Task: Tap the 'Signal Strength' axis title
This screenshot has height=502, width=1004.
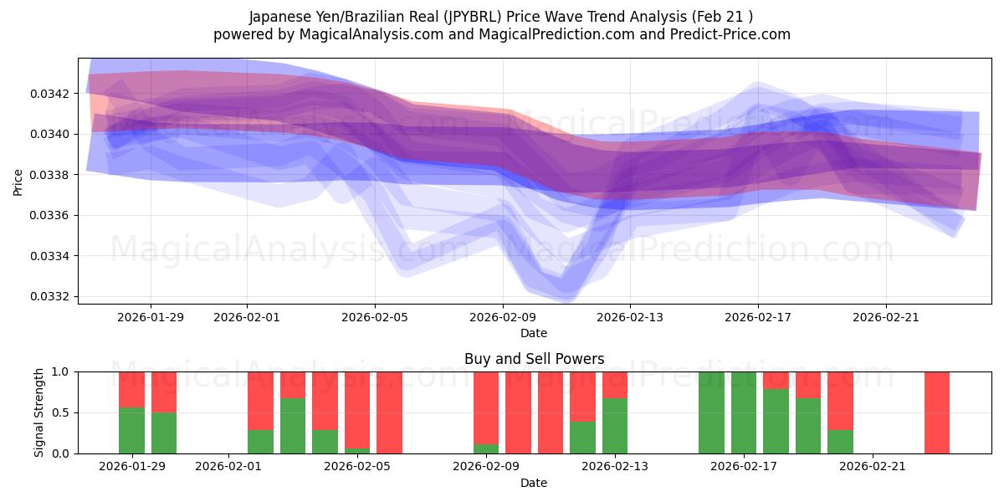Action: (39, 412)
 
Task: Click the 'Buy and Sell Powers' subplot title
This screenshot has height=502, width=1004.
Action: (534, 359)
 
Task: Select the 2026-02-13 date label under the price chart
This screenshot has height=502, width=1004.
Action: (630, 317)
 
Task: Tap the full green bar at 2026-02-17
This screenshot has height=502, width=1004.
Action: (744, 412)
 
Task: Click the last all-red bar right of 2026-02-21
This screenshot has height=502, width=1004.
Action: (937, 412)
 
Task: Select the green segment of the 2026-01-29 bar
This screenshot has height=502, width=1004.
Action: (131, 430)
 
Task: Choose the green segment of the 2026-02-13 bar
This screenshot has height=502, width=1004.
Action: (615, 426)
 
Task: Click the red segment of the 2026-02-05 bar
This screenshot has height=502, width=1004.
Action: (357, 408)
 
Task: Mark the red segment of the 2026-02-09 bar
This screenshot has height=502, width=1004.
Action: (486, 407)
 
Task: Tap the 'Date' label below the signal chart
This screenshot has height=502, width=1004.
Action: (534, 483)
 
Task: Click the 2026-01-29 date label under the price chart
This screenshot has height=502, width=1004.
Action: (151, 317)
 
